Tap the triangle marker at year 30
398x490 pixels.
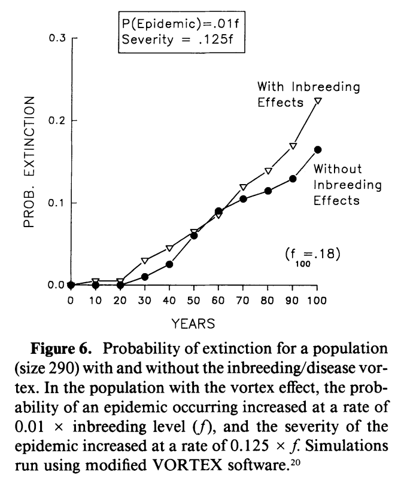click(x=144, y=261)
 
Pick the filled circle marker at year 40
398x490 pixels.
click(x=169, y=264)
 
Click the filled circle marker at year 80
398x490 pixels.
click(x=268, y=191)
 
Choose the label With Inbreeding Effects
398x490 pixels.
click(x=308, y=93)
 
